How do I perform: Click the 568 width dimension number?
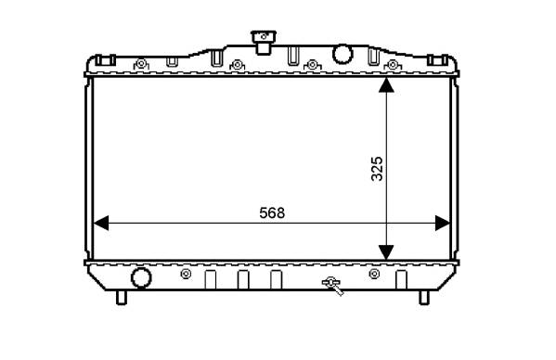(x=272, y=213)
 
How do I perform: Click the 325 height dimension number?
(x=377, y=169)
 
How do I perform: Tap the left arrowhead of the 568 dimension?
(x=101, y=224)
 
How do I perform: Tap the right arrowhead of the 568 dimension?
(x=443, y=224)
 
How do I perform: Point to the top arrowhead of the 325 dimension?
(x=386, y=85)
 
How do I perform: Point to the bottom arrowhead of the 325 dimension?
(x=386, y=252)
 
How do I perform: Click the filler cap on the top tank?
(x=264, y=42)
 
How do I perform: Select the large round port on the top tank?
(x=343, y=54)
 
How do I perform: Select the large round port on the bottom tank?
(x=141, y=277)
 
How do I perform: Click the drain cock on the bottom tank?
(x=332, y=286)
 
